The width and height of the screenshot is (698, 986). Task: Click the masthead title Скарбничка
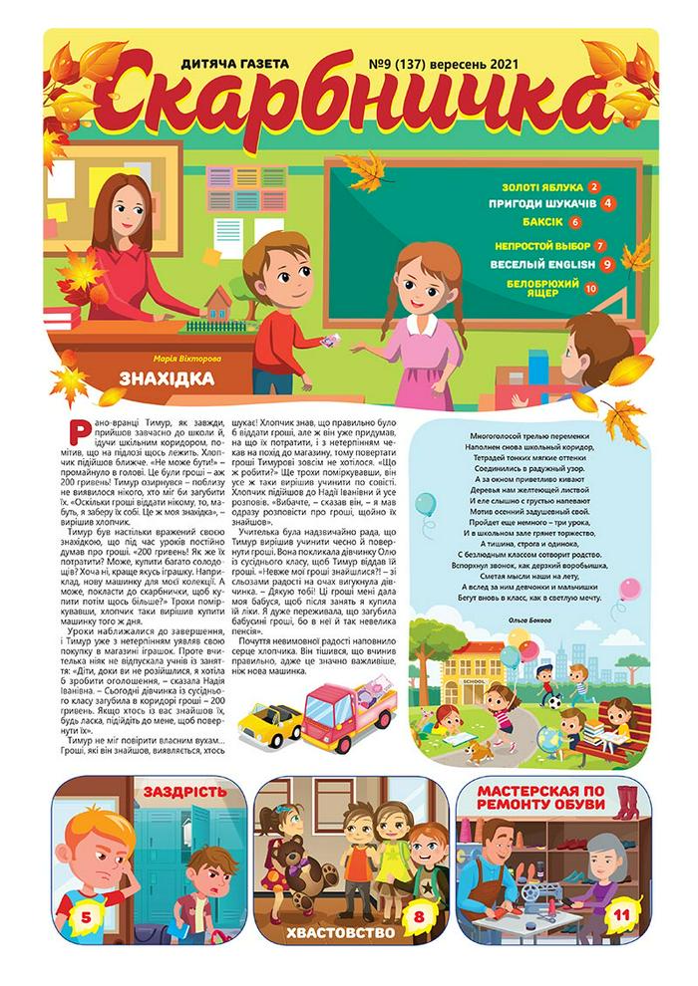[349, 100]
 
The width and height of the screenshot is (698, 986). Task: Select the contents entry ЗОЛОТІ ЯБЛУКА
[542, 186]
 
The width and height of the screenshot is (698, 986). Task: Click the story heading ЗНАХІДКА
[167, 377]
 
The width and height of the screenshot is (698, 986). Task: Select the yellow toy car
[270, 718]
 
